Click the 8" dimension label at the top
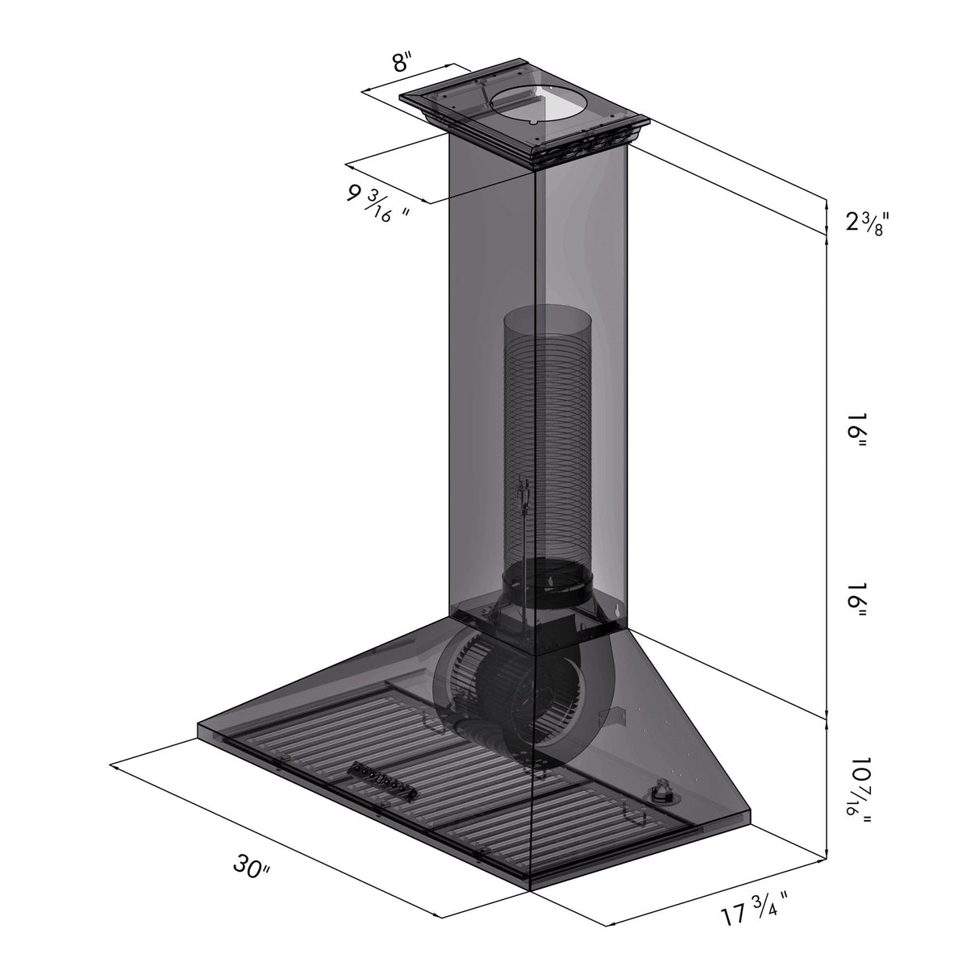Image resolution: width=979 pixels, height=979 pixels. pos(402,63)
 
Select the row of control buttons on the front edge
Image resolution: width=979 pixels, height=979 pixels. pos(382,783)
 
